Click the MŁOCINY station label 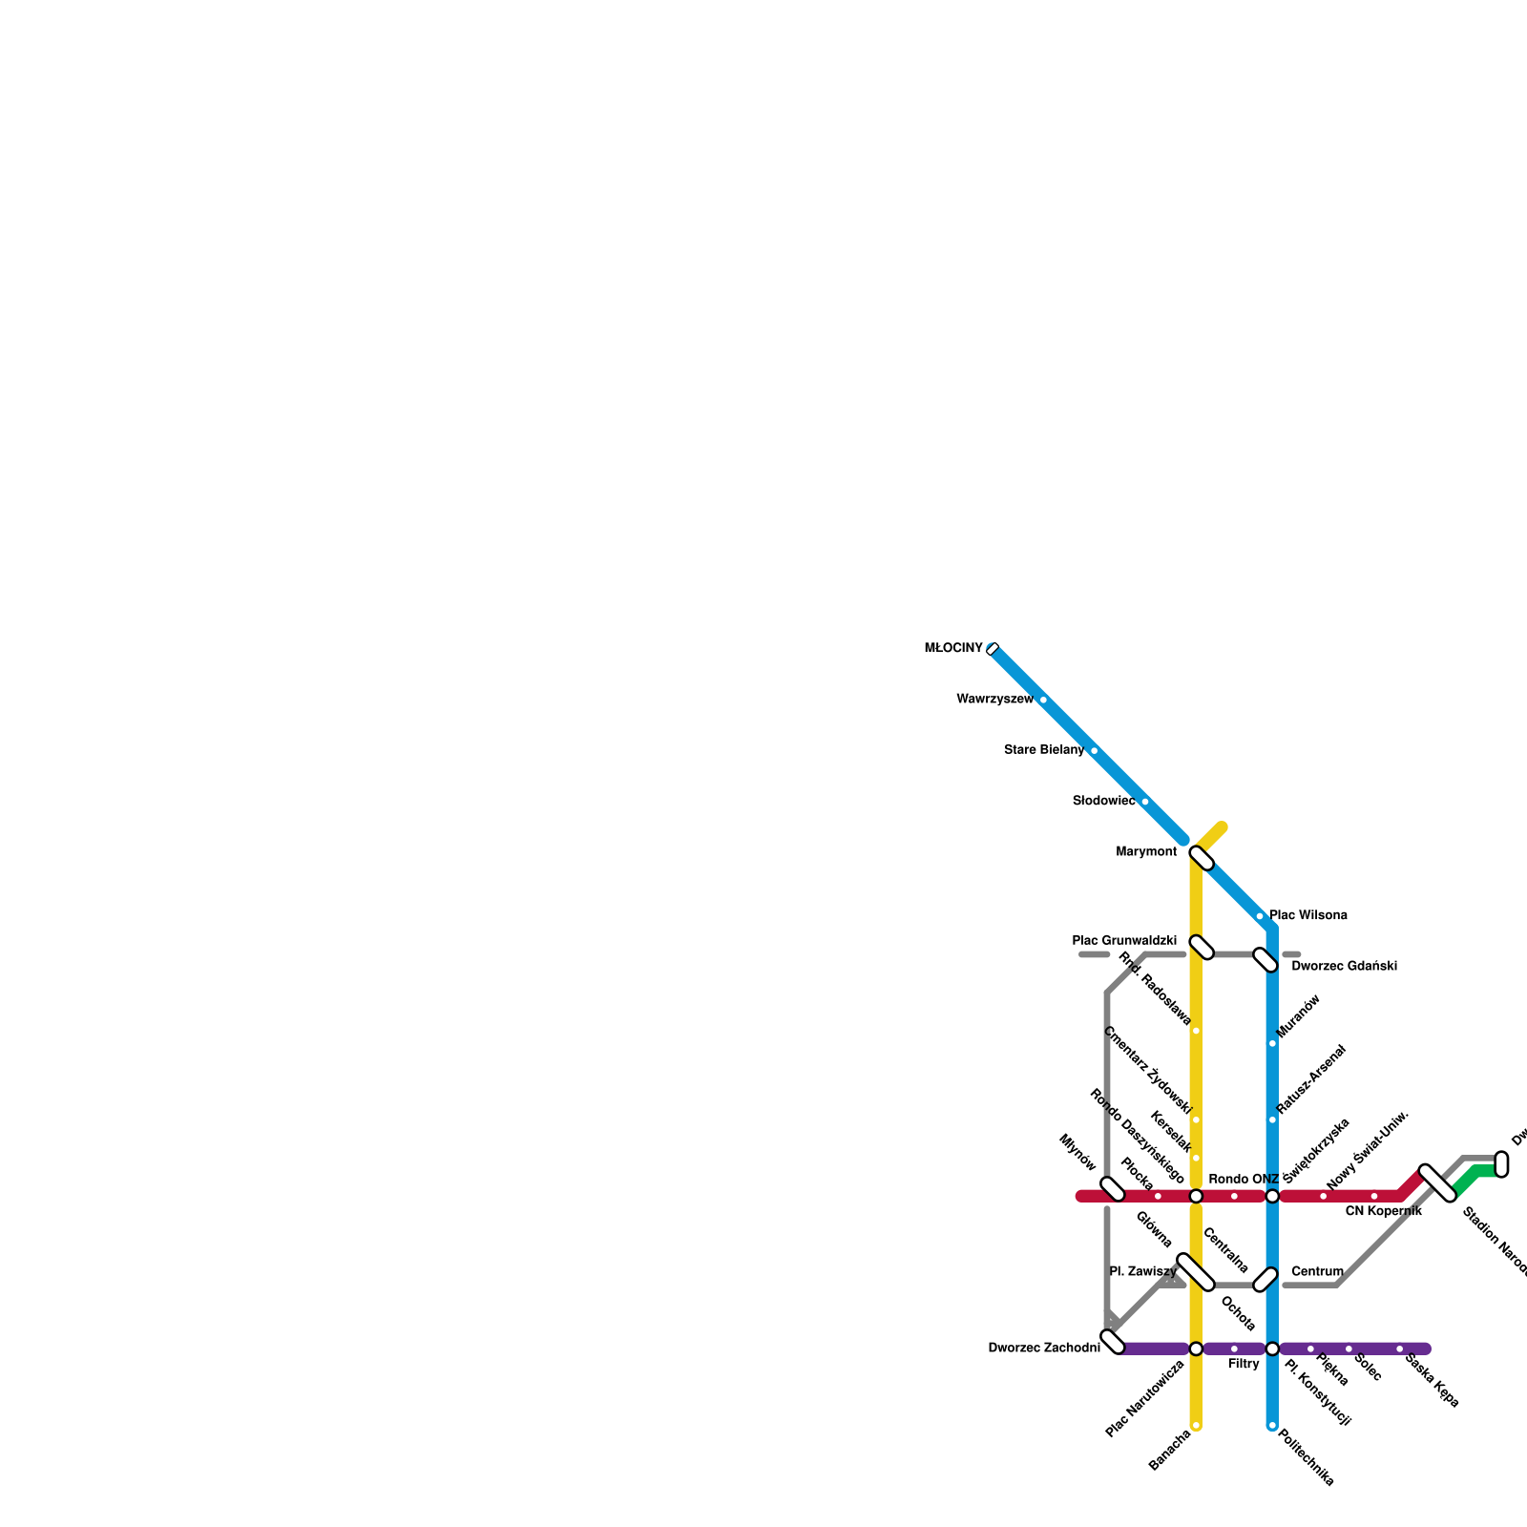952,649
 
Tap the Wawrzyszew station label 994,700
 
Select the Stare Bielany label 1044,750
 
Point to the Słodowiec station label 1103,802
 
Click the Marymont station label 1146,852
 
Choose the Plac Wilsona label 1308,916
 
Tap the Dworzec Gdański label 1344,967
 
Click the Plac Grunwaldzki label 1124,941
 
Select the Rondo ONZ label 1243,1181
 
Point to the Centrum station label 1317,1272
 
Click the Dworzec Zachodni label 1044,1349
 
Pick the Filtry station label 1244,1365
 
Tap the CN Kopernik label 1383,1212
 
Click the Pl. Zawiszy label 1143,1272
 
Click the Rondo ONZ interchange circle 1196,1197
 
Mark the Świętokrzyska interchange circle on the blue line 1272,1197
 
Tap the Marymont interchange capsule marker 1202,858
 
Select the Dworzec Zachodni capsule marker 1113,1342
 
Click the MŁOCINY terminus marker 993,649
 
